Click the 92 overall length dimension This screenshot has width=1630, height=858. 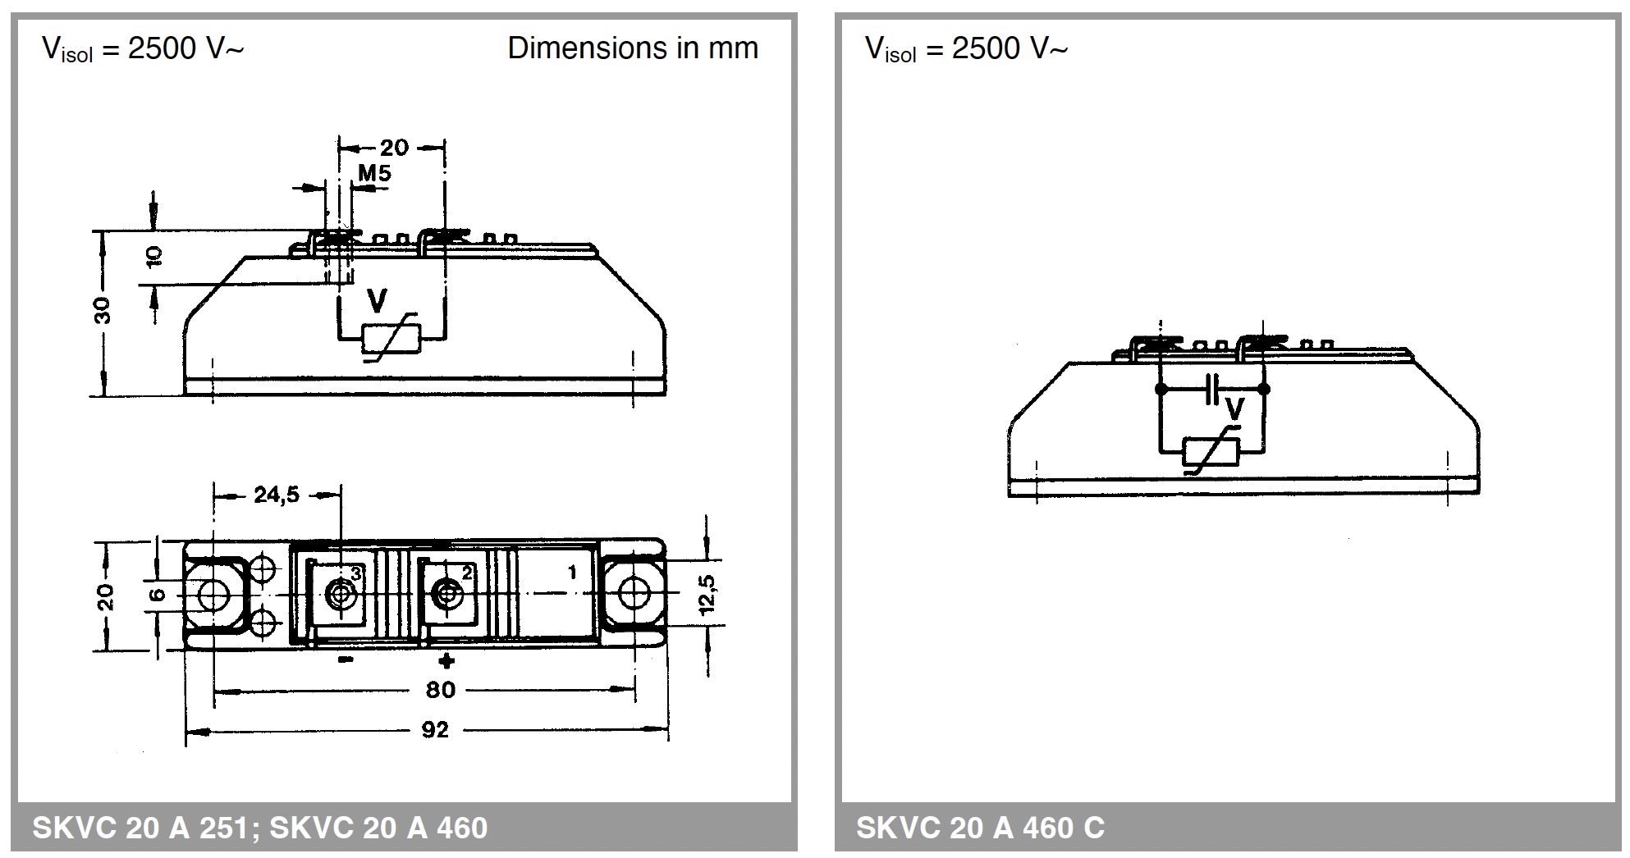point(435,729)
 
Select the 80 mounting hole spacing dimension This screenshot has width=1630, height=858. point(440,690)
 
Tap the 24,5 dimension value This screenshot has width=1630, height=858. point(277,495)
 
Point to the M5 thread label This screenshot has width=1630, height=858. point(374,173)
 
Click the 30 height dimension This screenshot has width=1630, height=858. point(103,311)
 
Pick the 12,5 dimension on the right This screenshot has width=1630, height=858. point(707,594)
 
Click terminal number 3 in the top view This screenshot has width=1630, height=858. point(356,573)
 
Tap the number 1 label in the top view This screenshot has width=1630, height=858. point(572,572)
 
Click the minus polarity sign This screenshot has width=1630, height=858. point(346,659)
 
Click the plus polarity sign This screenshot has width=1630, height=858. point(446,660)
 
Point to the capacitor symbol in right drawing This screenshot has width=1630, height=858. point(1212,389)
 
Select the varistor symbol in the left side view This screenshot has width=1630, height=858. point(391,337)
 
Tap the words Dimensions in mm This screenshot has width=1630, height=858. point(632,48)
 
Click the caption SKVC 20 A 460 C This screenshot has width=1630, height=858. point(980,827)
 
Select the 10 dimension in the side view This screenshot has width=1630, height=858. point(154,256)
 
